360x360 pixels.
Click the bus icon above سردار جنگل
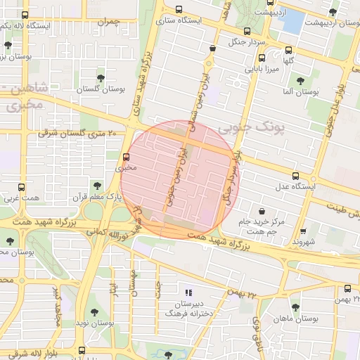[x=247, y=31]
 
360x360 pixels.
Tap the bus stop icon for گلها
[x=289, y=50]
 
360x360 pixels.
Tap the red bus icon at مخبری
[x=127, y=157]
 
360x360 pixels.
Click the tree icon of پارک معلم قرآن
[x=97, y=186]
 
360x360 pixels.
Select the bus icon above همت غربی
[x=22, y=188]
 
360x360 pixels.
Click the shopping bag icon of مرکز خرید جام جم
[x=262, y=210]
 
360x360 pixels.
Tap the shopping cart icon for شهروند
[x=303, y=230]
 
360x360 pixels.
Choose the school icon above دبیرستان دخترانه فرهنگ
[x=187, y=292]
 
